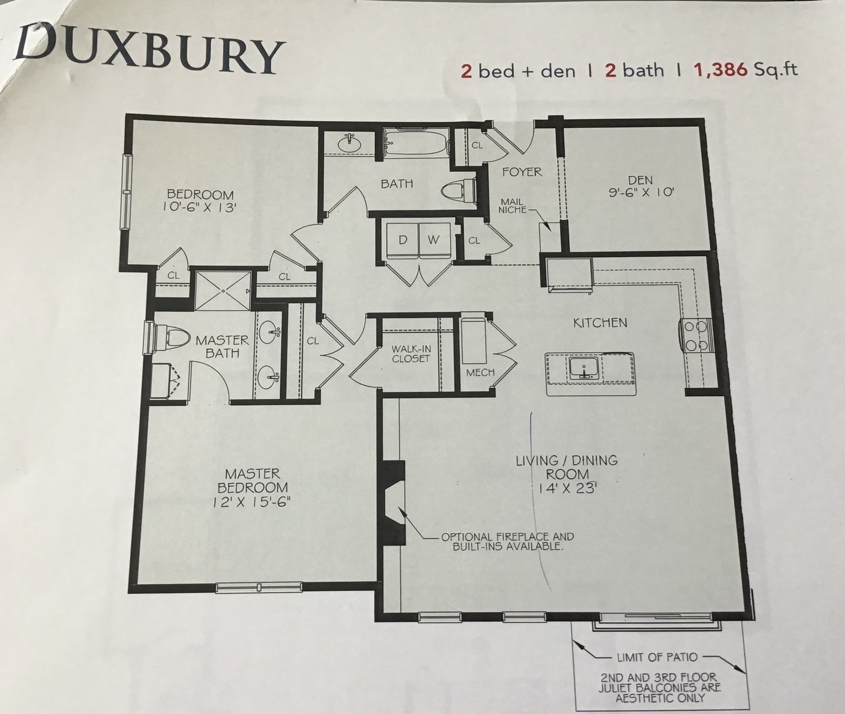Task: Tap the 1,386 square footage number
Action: [x=721, y=70]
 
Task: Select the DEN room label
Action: [x=640, y=180]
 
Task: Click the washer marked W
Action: [x=434, y=240]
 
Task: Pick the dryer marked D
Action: [x=403, y=240]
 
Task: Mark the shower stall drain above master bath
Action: [x=223, y=291]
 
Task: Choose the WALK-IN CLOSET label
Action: [x=410, y=353]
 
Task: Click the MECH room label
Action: [x=480, y=372]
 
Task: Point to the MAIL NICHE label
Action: [x=512, y=205]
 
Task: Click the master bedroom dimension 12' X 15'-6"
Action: [x=252, y=502]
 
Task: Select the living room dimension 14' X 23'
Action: [x=567, y=488]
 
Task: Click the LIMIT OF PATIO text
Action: [x=657, y=657]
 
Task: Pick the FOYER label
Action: [x=522, y=172]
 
